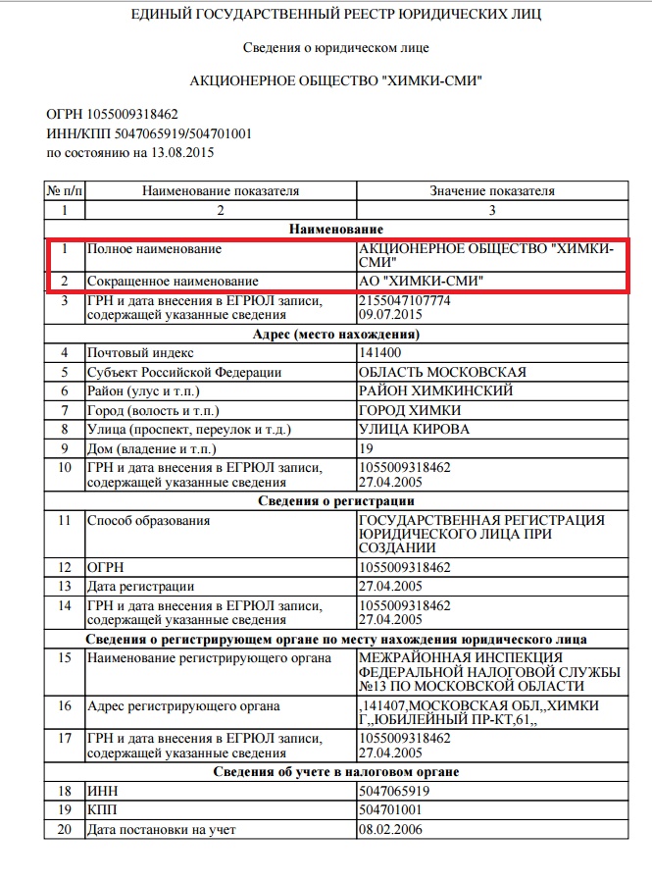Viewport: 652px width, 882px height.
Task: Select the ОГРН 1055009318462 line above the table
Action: pyautogui.click(x=112, y=115)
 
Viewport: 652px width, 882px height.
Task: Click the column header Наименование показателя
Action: pyautogui.click(x=221, y=190)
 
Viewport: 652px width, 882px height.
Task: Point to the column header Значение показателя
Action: pyautogui.click(x=492, y=190)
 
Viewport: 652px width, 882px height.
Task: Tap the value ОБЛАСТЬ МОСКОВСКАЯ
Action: pyautogui.click(x=443, y=372)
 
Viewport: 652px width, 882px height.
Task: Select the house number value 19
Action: pyautogui.click(x=369, y=447)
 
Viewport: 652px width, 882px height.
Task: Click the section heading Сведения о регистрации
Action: pyautogui.click(x=339, y=500)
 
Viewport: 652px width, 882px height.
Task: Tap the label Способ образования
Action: pyautogui.click(x=148, y=519)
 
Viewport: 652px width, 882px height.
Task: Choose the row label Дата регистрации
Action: pyautogui.click(x=140, y=586)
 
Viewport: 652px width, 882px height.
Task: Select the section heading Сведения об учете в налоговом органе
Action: pyautogui.click(x=339, y=772)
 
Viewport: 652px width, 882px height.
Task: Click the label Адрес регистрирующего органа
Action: pyautogui.click(x=183, y=705)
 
